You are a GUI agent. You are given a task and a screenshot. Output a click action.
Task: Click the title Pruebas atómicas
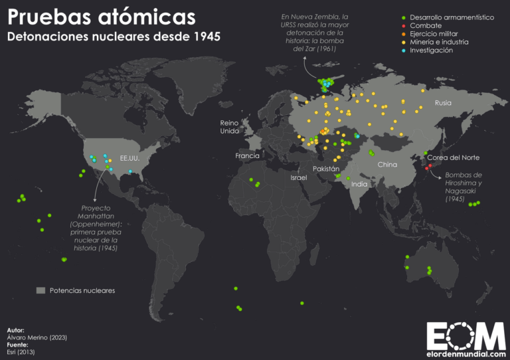tap(101, 15)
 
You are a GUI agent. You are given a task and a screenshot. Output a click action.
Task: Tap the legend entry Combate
tap(425, 25)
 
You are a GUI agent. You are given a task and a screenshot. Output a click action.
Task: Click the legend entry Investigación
tap(431, 50)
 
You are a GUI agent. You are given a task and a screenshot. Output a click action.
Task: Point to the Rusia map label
tap(443, 103)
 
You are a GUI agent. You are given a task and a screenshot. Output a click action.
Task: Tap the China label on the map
tap(387, 164)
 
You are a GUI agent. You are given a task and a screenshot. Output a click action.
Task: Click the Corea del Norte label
tap(453, 157)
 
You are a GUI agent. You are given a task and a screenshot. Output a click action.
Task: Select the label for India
tap(359, 184)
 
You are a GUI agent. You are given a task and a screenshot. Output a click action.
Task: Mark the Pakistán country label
tap(327, 169)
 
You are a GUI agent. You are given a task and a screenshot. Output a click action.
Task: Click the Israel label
tap(299, 179)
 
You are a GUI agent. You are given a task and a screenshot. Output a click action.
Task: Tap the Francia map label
tap(247, 155)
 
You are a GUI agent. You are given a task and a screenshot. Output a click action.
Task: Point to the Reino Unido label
tap(230, 127)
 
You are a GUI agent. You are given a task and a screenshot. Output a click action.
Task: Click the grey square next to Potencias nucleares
tap(41, 290)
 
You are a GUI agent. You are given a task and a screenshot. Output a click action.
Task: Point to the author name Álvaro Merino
tap(37, 337)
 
